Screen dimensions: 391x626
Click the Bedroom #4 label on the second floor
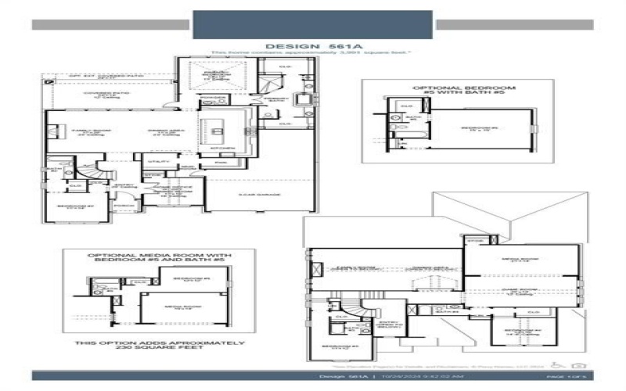tap(520, 331)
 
